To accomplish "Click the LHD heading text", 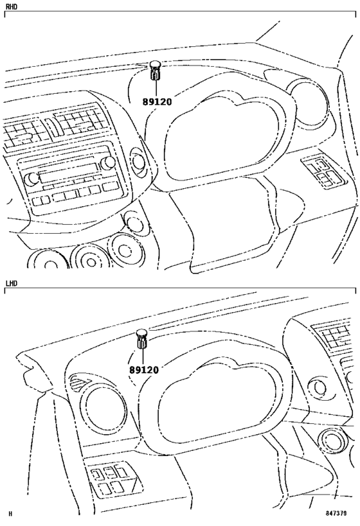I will (11, 283).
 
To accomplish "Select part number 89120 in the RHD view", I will (158, 101).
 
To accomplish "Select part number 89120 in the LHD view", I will (143, 370).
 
